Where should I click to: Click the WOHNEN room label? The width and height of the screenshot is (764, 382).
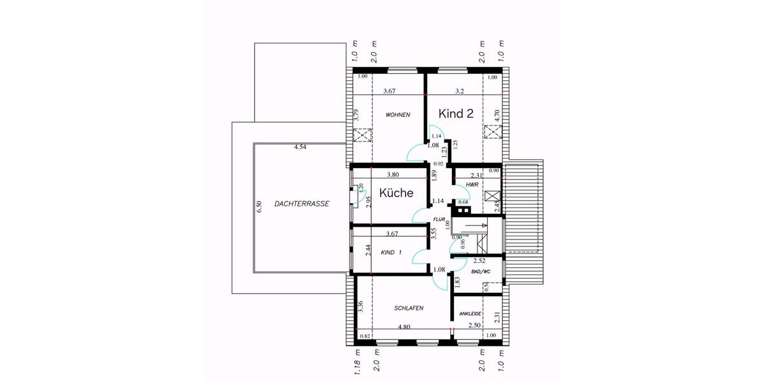coord(397,115)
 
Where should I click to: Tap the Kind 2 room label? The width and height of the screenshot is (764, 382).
coord(456,113)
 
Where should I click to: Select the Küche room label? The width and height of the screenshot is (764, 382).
coord(396,193)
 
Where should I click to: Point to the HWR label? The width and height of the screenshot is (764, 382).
coord(472,185)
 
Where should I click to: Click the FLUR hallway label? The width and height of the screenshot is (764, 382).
coord(440,219)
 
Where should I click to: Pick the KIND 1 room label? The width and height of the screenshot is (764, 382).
coord(392,253)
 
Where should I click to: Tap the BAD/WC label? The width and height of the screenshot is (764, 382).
coord(481,272)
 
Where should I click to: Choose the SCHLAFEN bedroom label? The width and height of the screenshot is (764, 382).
coord(409,308)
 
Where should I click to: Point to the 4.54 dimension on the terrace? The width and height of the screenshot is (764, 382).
coord(300,148)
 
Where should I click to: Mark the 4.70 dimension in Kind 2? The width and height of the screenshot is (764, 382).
coord(497,115)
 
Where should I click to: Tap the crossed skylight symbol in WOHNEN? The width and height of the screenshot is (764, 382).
coord(362,136)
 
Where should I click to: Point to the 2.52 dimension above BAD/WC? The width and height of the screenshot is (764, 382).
coord(479,261)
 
